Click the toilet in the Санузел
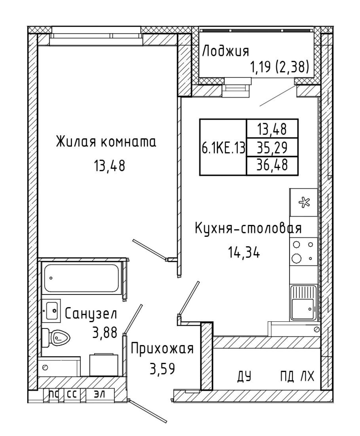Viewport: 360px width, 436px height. point(55,337)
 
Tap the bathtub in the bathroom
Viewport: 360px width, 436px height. point(82,278)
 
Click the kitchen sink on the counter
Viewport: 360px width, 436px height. point(303,303)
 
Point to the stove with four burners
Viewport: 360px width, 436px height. point(303,253)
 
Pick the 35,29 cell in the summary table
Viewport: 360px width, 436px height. point(272,147)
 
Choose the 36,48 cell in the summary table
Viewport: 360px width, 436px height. point(272,165)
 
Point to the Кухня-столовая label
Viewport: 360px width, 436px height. point(248,229)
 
